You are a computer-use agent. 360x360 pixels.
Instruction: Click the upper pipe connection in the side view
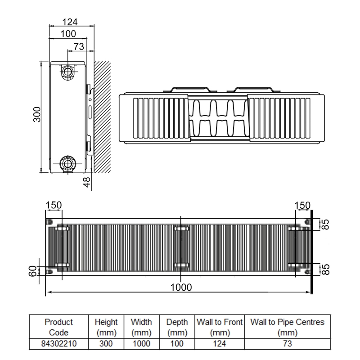68,71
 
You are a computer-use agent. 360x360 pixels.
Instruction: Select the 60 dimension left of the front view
32,271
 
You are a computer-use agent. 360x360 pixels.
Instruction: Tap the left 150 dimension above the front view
54,205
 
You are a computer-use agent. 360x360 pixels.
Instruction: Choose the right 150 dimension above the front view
302,205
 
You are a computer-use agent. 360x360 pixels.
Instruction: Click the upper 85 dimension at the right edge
327,224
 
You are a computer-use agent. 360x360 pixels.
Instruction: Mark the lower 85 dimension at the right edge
327,269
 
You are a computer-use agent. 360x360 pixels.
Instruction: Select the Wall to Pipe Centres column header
287,327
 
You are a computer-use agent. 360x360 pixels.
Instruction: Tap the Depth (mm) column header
177,327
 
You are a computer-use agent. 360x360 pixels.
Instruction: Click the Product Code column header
59,327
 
